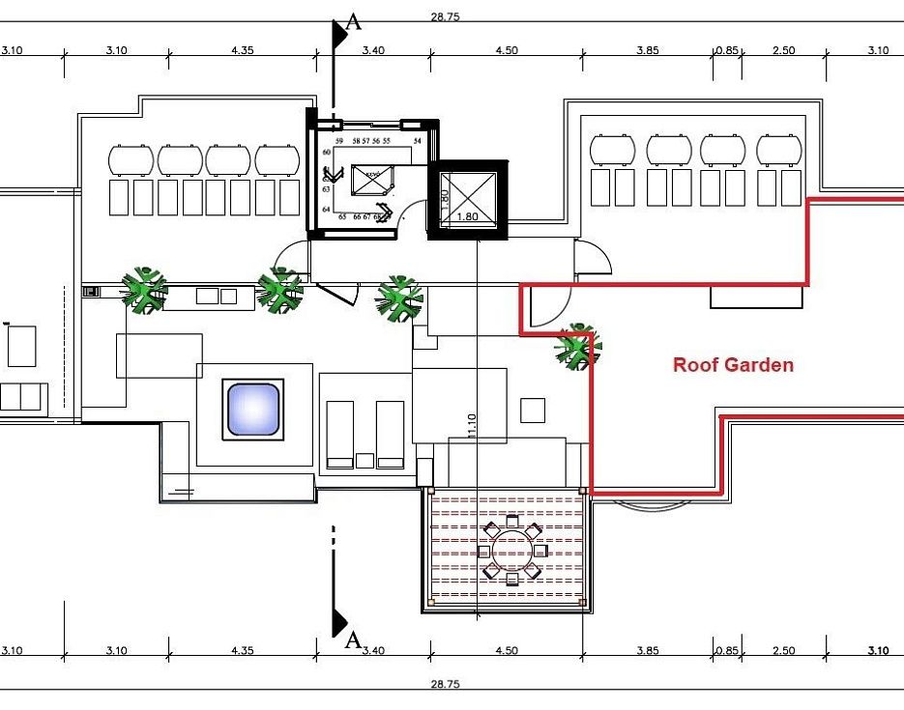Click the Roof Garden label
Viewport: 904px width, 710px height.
(x=733, y=365)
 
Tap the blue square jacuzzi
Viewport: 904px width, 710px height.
(x=252, y=409)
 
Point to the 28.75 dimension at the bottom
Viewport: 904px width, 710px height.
(x=445, y=684)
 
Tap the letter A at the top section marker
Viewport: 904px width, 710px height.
(x=354, y=23)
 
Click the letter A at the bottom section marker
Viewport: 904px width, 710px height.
(x=353, y=639)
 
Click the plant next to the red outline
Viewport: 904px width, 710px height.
(x=578, y=347)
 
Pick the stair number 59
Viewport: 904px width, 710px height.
(x=339, y=141)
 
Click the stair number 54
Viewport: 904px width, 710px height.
(x=418, y=141)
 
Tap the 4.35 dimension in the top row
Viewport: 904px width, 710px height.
(x=243, y=50)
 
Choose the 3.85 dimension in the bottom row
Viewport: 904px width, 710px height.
(x=647, y=651)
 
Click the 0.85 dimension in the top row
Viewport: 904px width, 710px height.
(x=727, y=50)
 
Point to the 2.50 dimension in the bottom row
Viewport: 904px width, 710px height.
(x=784, y=651)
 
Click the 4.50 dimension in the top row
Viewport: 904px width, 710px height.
(x=507, y=50)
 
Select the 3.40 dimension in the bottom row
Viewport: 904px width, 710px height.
(x=373, y=651)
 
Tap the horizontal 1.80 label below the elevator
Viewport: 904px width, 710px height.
(x=468, y=217)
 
